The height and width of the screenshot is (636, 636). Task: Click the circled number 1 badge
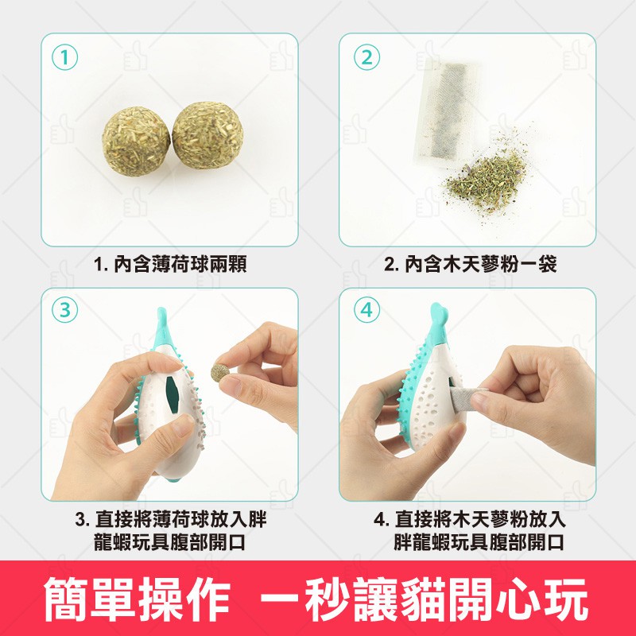pos(64,57)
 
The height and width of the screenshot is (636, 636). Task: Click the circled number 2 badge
pos(366,57)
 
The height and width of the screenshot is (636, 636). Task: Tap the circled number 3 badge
pos(64,310)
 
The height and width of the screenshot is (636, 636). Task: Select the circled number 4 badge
pos(366,310)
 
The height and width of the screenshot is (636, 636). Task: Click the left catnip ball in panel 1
pos(136,141)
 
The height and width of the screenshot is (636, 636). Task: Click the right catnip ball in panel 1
pos(207,135)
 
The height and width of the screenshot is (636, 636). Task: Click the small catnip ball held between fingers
pos(220,372)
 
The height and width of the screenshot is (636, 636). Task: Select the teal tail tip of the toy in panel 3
pos(161,316)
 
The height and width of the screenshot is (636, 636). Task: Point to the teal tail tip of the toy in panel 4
pos(439,313)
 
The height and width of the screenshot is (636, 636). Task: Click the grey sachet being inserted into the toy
pos(467,399)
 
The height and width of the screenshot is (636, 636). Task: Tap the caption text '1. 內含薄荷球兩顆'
pos(170,264)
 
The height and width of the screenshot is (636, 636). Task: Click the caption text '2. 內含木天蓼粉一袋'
pos(470,264)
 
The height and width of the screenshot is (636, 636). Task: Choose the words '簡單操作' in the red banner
pos(137,599)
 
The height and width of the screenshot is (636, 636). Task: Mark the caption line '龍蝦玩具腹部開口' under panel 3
pos(169,542)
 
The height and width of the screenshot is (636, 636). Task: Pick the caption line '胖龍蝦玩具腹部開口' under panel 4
pos(479,542)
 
